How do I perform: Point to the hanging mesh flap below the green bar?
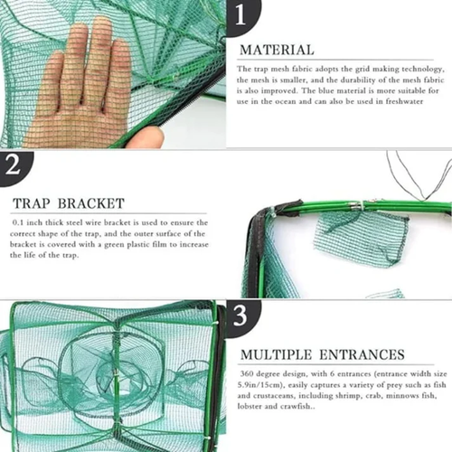pos(348,240)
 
